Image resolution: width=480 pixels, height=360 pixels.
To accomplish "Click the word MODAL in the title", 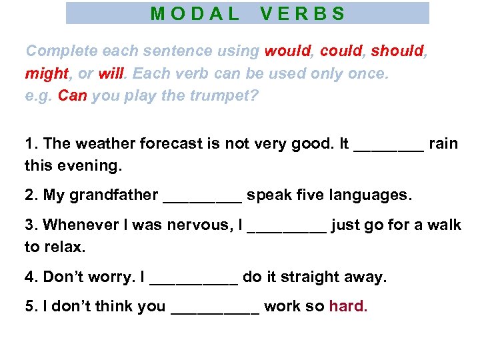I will coord(195,13).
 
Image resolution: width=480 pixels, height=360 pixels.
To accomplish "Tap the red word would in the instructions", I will coord(288,51).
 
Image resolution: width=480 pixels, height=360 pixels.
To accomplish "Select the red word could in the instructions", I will coord(341,51).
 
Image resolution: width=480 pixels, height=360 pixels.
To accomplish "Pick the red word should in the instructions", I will coord(397,51).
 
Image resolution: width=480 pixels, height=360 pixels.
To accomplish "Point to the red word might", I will coord(47,73).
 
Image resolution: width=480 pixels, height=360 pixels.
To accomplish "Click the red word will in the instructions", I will coord(112,73).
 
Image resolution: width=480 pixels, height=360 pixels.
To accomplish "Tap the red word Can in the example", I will coord(73,95).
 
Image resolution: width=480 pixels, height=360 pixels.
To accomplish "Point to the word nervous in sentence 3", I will coord(197,225).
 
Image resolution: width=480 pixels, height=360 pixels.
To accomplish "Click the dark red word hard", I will coord(348,307).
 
